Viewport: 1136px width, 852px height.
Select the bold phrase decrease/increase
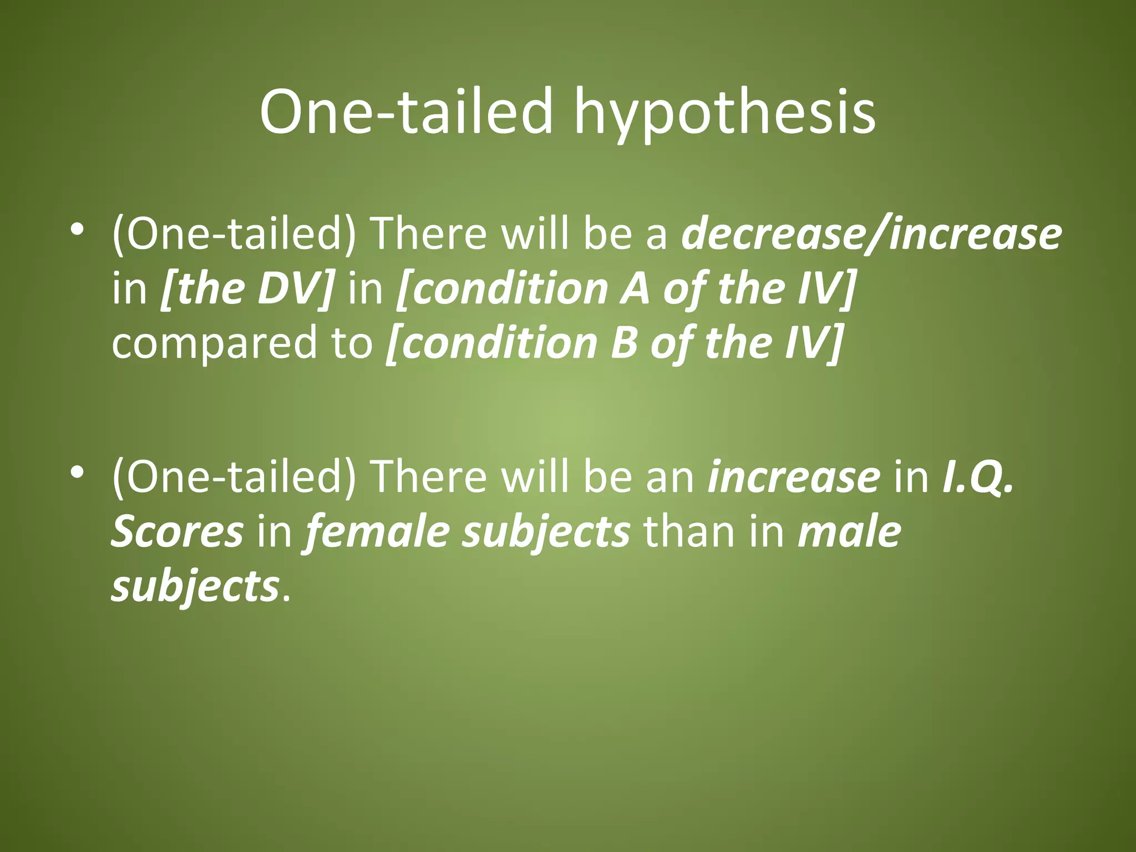871,234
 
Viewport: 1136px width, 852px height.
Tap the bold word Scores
177,531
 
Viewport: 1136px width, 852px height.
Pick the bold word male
849,531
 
